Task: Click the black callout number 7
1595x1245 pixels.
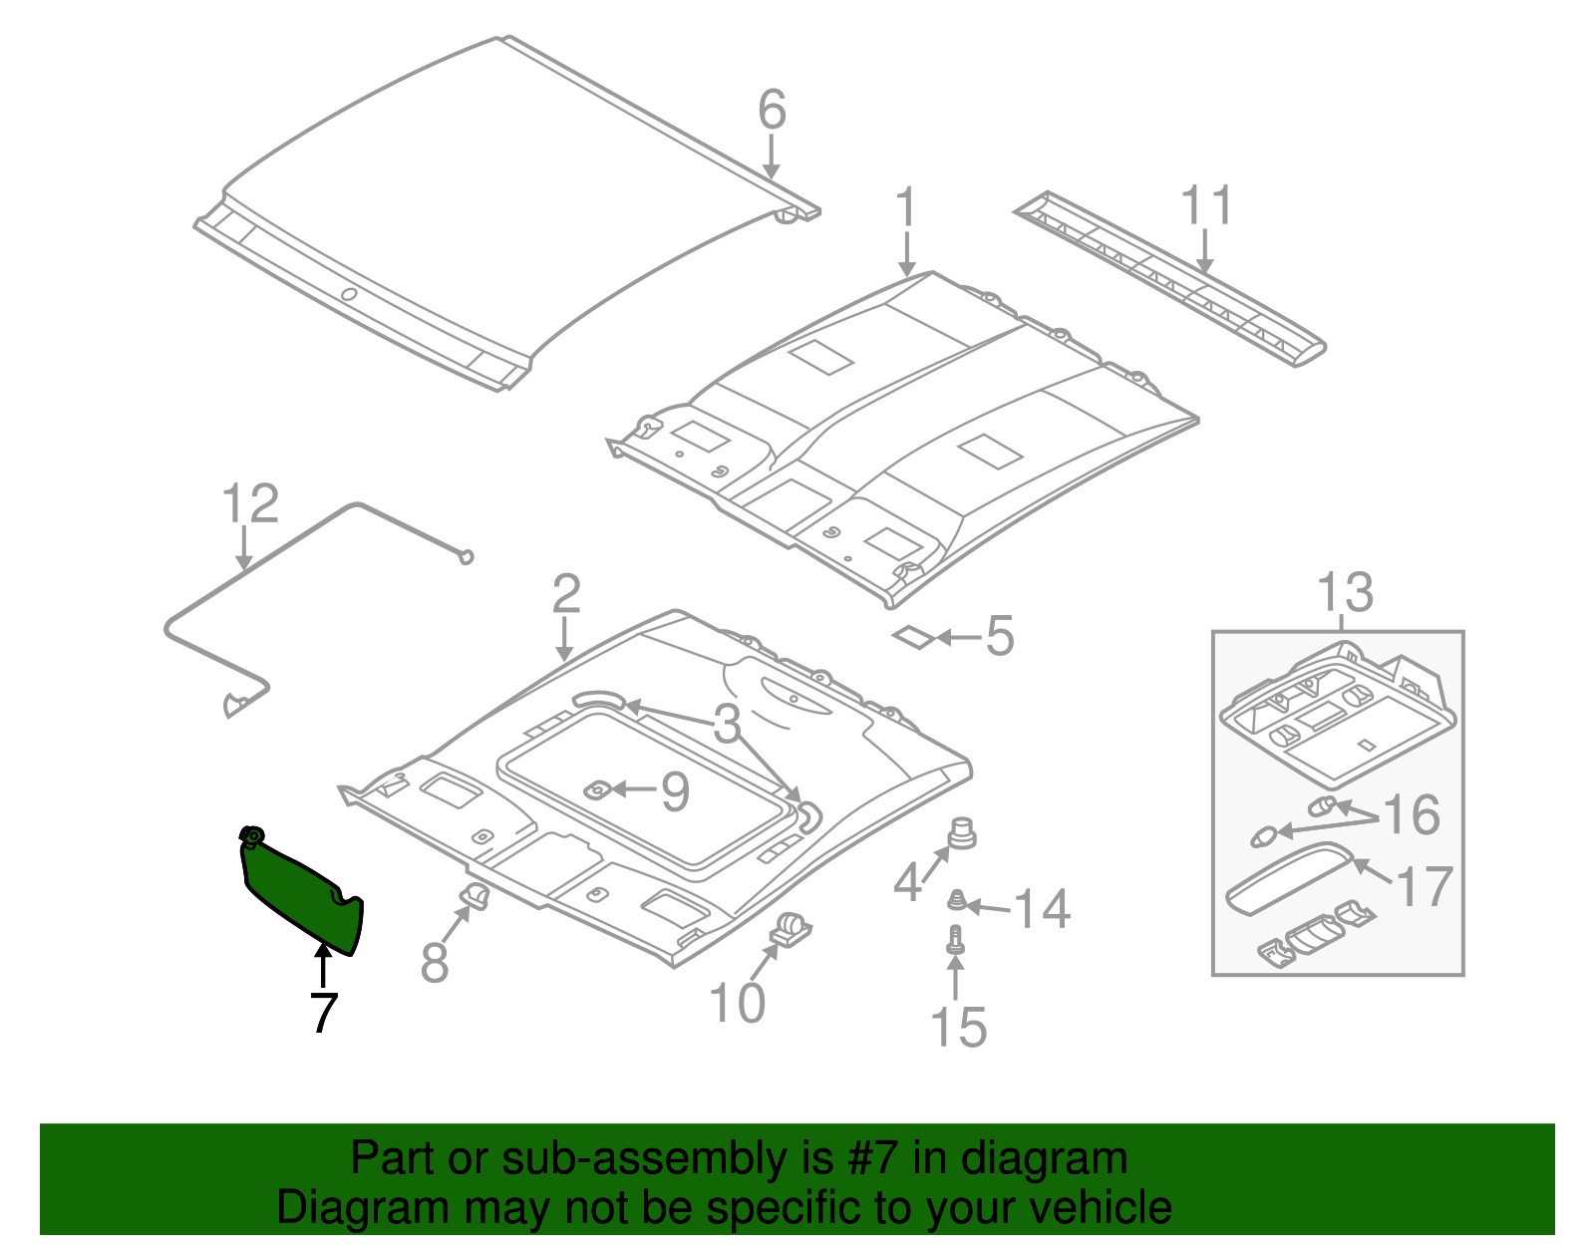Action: (323, 1014)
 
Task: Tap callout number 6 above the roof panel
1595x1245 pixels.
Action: (772, 110)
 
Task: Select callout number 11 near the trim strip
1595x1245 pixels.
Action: (1206, 205)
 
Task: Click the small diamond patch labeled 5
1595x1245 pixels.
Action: (912, 636)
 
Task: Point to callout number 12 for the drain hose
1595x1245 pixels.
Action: (249, 504)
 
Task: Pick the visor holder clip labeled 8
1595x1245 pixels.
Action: (475, 896)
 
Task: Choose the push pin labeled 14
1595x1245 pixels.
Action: (957, 901)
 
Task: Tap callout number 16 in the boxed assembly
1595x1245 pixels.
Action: (1412, 814)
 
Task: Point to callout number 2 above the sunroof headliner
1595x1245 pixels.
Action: (566, 595)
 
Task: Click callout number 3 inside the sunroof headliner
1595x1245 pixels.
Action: (728, 724)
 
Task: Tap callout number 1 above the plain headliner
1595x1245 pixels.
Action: (905, 207)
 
